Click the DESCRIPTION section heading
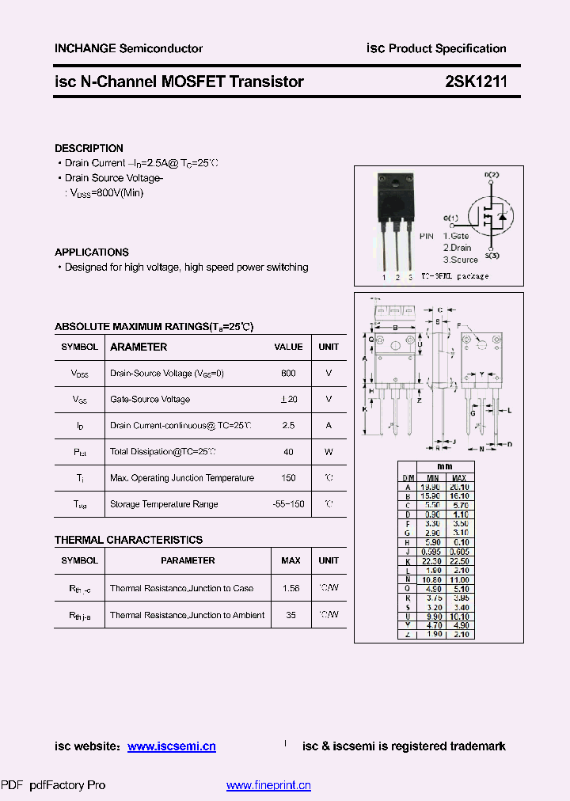(x=89, y=148)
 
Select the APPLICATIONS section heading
(x=92, y=252)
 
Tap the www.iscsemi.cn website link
(x=171, y=746)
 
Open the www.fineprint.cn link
(x=268, y=785)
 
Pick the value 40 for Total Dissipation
(x=288, y=452)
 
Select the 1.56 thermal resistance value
(x=291, y=588)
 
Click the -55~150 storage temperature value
(x=288, y=504)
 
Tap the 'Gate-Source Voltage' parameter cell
(x=150, y=400)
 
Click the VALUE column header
(x=288, y=347)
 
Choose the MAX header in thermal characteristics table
(x=291, y=560)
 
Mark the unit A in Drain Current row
(x=329, y=426)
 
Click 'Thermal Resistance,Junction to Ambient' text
(x=187, y=615)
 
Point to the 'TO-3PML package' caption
(x=454, y=276)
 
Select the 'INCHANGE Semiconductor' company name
(x=128, y=48)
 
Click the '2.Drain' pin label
(x=457, y=248)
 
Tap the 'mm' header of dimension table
(x=446, y=467)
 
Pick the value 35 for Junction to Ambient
(x=291, y=615)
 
